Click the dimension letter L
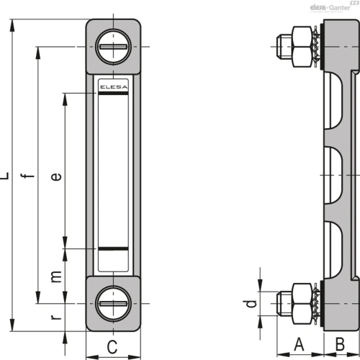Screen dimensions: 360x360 [x=5, y=176]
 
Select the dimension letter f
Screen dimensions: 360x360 [x=29, y=176]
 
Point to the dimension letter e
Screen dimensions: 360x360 [x=56, y=177]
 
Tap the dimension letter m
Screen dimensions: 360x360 [x=57, y=276]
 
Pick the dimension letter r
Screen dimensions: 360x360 [x=56, y=317]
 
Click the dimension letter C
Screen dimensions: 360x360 [x=112, y=347]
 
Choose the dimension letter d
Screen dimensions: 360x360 [x=251, y=304]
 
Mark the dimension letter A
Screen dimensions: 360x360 [x=299, y=344]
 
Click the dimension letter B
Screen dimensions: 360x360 [x=340, y=344]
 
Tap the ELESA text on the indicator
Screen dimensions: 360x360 [x=114, y=87]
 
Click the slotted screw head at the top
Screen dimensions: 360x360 [x=113, y=47]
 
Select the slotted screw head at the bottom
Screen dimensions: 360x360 [x=113, y=304]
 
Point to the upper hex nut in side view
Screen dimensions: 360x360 [x=302, y=47]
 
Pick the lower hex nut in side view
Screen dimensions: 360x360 [x=302, y=304]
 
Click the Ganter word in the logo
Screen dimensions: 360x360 [x=340, y=8]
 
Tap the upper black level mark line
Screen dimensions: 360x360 [x=113, y=94]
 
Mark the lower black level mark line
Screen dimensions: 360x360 [x=113, y=248]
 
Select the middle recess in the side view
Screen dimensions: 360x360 [x=333, y=175]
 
